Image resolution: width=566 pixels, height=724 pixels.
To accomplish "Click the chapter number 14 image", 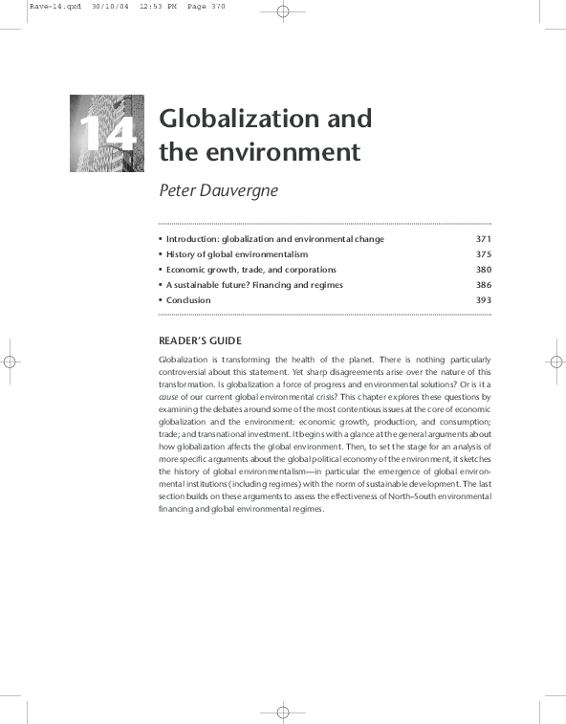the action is [x=106, y=133].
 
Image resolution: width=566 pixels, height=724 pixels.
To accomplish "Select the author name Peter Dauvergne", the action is [x=218, y=189].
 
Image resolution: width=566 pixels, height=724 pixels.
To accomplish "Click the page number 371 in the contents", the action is [x=483, y=239].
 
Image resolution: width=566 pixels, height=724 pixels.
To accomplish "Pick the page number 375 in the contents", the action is [x=483, y=254].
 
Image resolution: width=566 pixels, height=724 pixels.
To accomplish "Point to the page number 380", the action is [x=483, y=270].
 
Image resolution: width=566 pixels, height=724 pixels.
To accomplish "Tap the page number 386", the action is [x=483, y=285].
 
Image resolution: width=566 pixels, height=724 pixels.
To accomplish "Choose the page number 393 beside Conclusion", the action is [x=483, y=300].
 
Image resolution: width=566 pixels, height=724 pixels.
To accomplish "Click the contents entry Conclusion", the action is [x=187, y=300].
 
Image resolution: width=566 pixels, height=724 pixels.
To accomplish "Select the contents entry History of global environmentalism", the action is [x=236, y=254].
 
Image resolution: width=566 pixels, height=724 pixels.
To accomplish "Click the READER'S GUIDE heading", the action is [x=200, y=340].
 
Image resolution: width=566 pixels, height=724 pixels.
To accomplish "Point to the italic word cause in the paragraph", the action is [x=168, y=396].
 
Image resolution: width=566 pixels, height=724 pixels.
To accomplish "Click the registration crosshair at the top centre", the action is [x=283, y=12].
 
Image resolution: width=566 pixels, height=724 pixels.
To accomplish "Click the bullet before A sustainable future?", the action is [x=160, y=285].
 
